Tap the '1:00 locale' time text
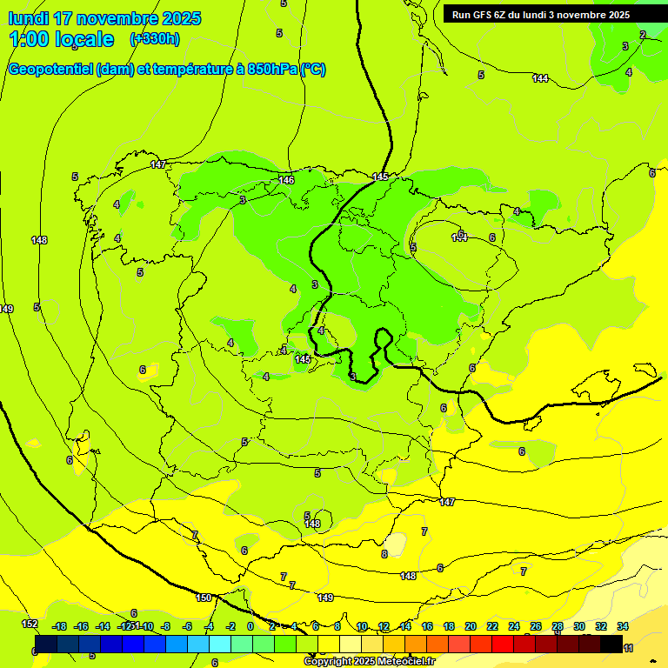[61, 39]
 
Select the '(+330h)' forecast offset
[155, 39]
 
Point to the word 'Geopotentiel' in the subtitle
[49, 70]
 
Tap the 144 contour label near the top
[540, 79]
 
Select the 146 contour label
[286, 180]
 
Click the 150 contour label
[204, 598]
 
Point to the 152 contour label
[30, 624]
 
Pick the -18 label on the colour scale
[59, 626]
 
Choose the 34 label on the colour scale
[623, 626]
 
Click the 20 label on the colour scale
[470, 626]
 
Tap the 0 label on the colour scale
[250, 626]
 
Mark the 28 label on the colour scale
[557, 626]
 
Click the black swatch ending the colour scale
[611, 644]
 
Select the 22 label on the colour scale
[492, 626]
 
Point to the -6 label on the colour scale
[186, 626]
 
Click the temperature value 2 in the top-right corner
[643, 35]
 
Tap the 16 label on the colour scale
[427, 626]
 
